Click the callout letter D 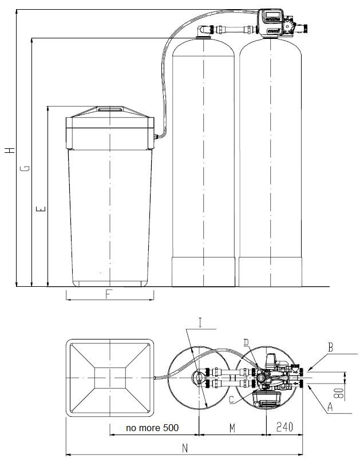coord(246,343)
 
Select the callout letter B coord(330,346)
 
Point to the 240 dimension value coord(285,428)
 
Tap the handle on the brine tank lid coord(109,108)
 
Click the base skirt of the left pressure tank coord(204,272)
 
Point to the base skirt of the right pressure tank coord(270,272)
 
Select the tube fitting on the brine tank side coord(156,136)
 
